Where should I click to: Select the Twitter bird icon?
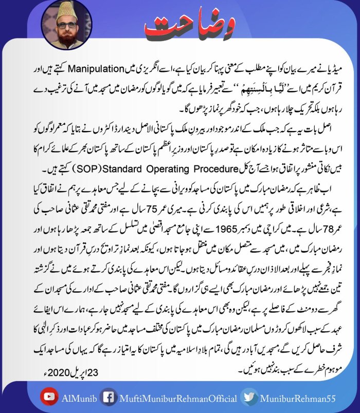click(250, 398)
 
